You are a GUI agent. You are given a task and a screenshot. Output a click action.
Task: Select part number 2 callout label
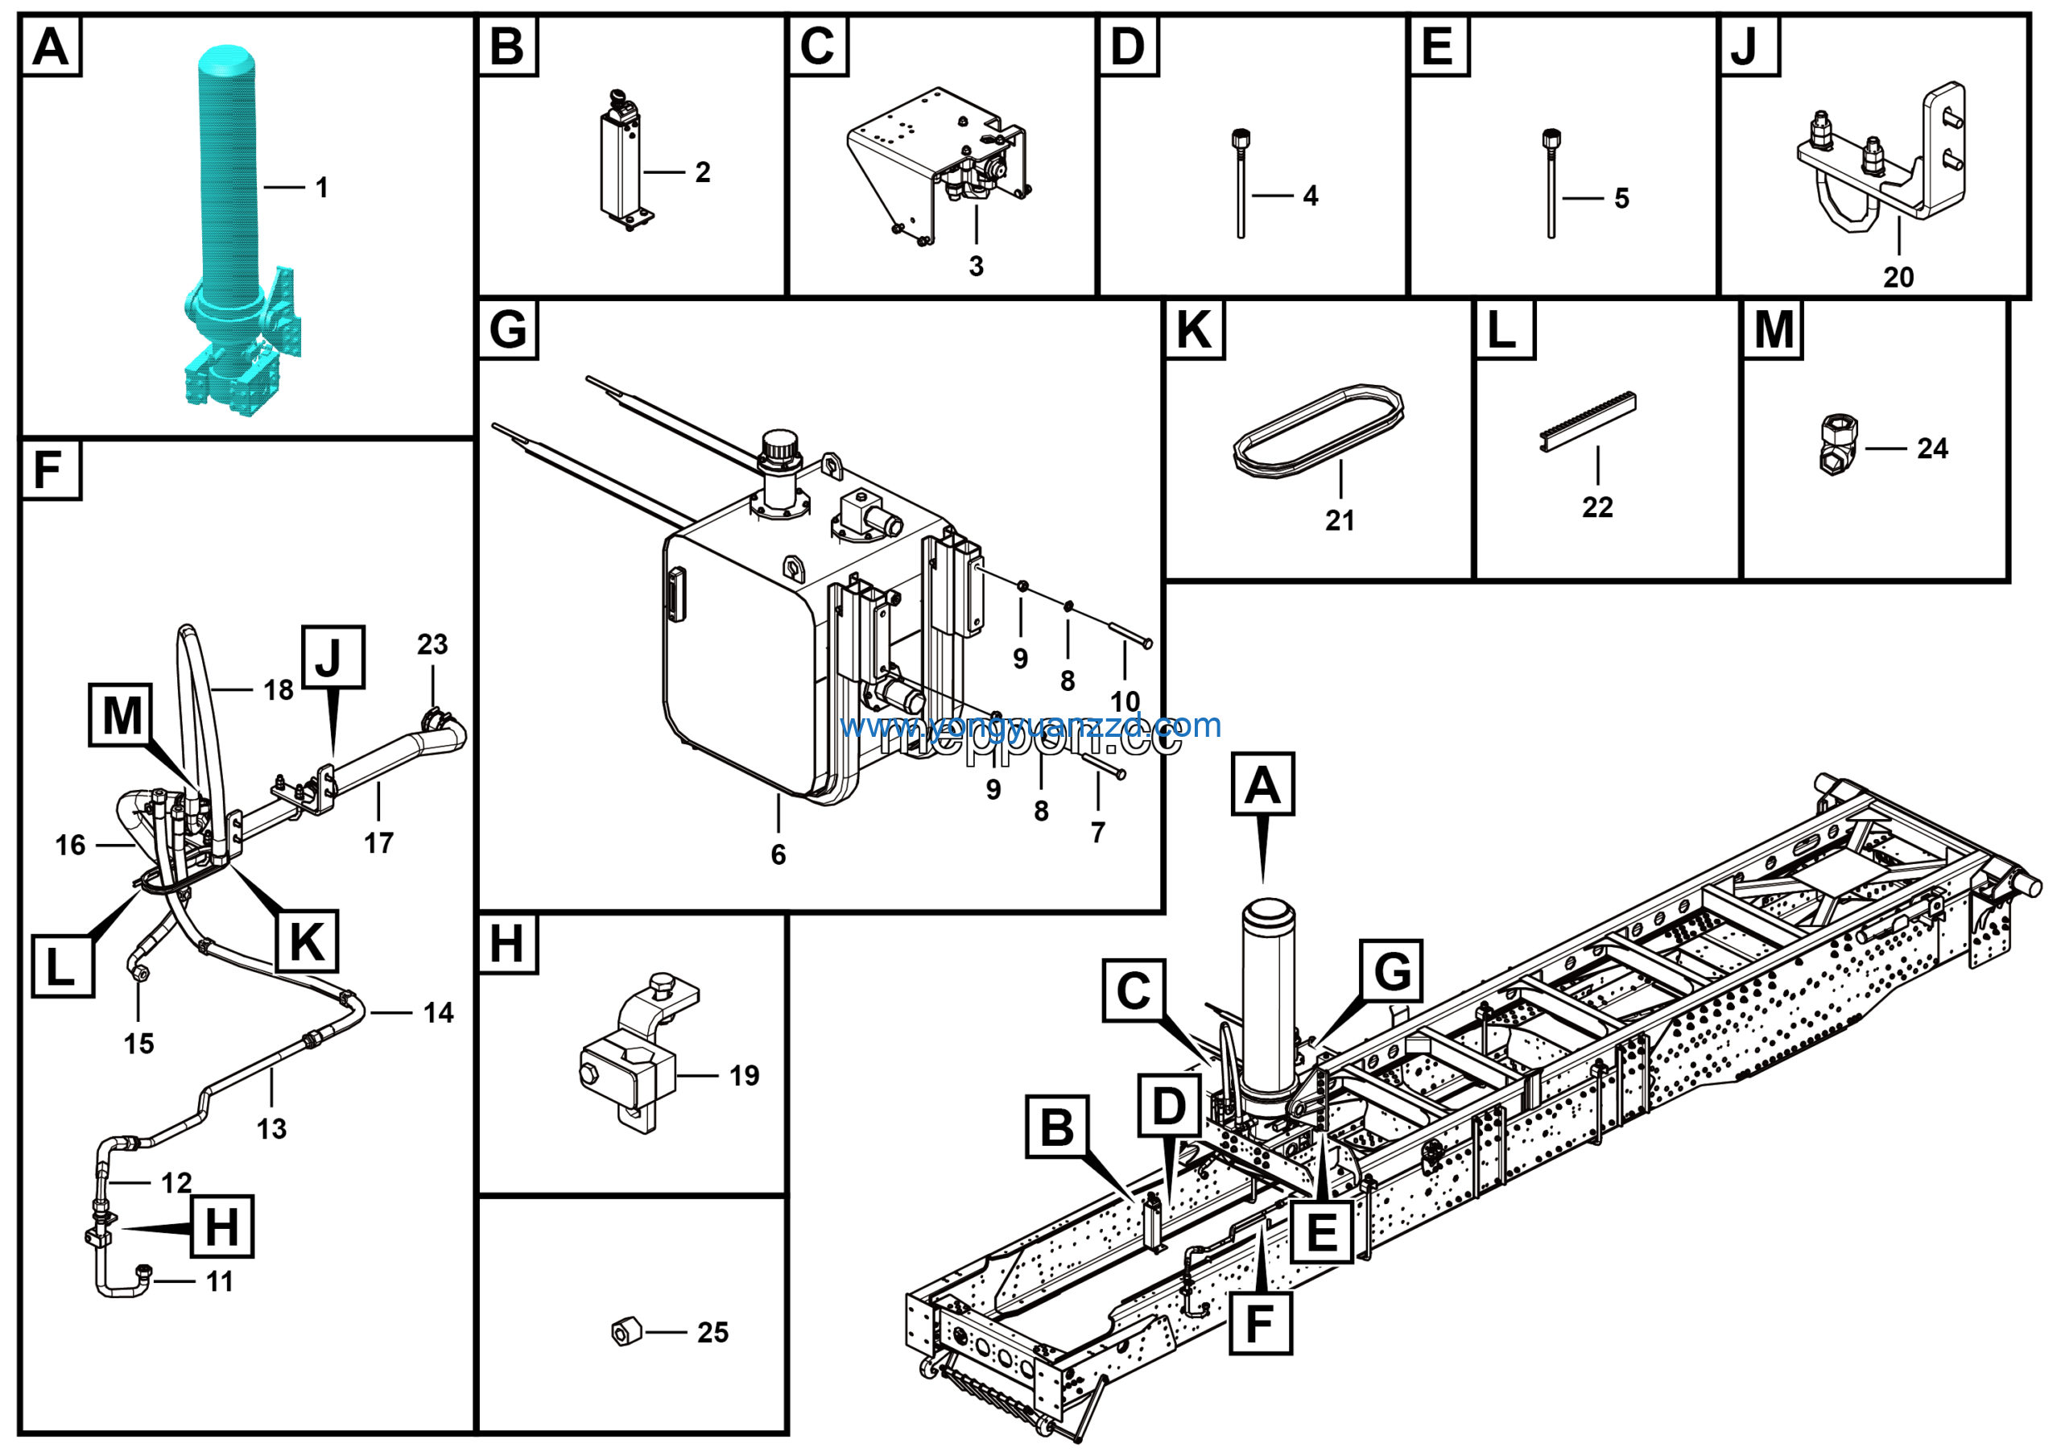click(703, 172)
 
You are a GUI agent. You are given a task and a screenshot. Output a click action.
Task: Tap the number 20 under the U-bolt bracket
click(1898, 277)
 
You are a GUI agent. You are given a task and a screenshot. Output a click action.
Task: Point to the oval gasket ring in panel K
click(1318, 432)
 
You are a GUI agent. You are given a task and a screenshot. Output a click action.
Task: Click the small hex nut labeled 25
click(626, 1331)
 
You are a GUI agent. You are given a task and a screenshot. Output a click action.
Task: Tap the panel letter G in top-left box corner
click(508, 329)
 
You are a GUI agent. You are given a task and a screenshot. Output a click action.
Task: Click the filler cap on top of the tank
click(779, 446)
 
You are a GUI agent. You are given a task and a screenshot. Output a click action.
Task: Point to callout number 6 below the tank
click(779, 854)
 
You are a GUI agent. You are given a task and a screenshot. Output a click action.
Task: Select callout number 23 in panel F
click(432, 644)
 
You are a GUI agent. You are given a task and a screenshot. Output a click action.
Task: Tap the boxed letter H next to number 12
click(221, 1226)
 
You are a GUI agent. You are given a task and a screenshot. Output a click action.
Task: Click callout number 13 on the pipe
click(271, 1128)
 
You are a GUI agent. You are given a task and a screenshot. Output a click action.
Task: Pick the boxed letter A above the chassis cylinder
click(1262, 784)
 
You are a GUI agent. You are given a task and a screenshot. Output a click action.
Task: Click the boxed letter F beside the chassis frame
click(1259, 1323)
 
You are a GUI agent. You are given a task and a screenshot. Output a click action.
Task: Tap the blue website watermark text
click(1030, 726)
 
